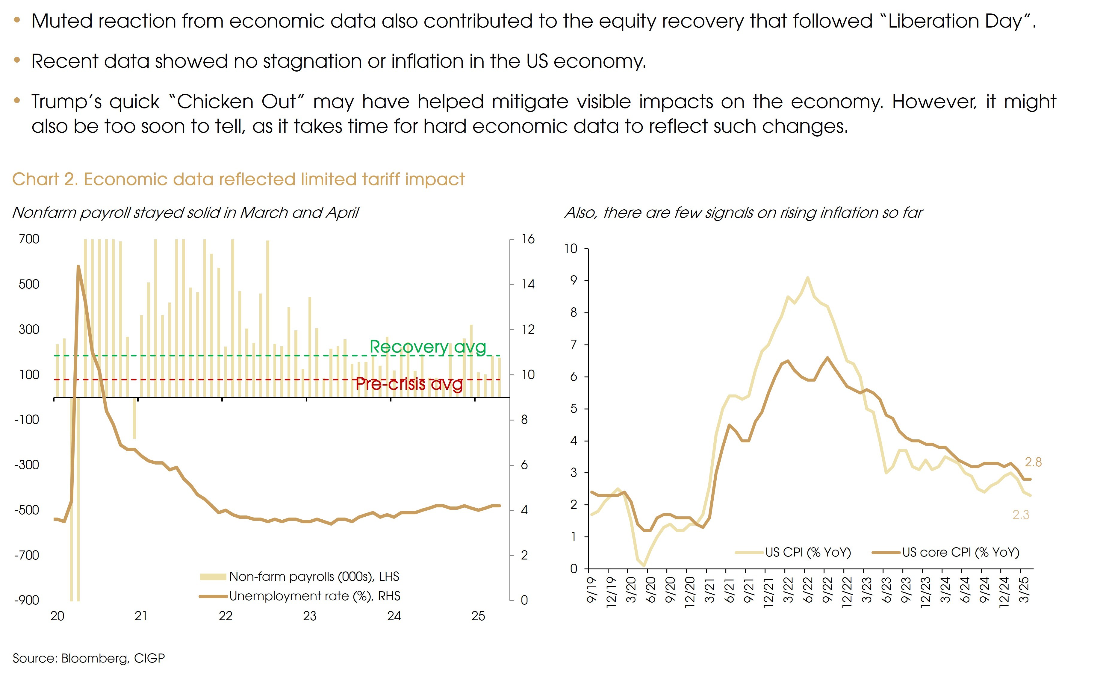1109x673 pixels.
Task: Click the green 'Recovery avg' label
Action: click(428, 347)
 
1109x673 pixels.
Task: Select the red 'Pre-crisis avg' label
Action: click(409, 384)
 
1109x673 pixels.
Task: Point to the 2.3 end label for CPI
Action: click(1021, 515)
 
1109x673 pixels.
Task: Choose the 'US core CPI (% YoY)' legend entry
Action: click(960, 552)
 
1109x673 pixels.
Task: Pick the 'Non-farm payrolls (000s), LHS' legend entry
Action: click(314, 577)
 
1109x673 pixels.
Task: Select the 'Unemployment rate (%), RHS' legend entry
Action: click(314, 596)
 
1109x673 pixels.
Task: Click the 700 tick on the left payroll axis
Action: click(29, 239)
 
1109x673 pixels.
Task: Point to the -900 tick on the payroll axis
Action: click(27, 600)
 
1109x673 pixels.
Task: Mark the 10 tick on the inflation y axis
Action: click(571, 249)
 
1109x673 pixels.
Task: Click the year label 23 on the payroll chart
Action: click(310, 616)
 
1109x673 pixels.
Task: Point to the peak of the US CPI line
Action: click(807, 277)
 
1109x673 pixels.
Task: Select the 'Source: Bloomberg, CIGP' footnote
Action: click(89, 658)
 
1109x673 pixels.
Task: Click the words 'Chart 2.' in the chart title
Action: click(45, 179)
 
